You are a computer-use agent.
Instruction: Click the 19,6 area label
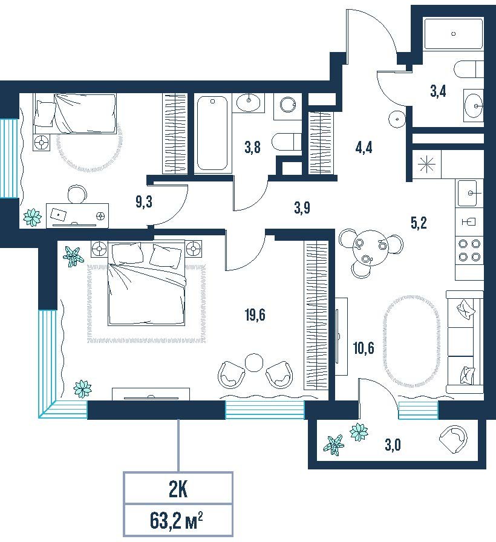click(255, 315)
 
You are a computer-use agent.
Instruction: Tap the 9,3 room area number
click(144, 202)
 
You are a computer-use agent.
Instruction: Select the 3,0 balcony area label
click(393, 445)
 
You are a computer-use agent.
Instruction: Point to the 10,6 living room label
click(364, 348)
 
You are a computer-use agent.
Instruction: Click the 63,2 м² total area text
click(176, 521)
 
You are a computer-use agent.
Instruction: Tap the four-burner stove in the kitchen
click(469, 250)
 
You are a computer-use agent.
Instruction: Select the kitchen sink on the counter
click(469, 193)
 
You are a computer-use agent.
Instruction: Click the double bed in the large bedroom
click(146, 284)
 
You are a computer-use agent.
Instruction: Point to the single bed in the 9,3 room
click(74, 113)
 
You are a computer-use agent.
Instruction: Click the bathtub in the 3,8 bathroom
click(212, 134)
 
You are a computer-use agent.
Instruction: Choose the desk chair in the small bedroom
click(77, 194)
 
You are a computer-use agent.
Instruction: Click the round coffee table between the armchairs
click(254, 362)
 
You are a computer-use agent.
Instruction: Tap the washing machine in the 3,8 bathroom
click(287, 106)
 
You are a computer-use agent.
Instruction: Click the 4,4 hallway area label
click(364, 148)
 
